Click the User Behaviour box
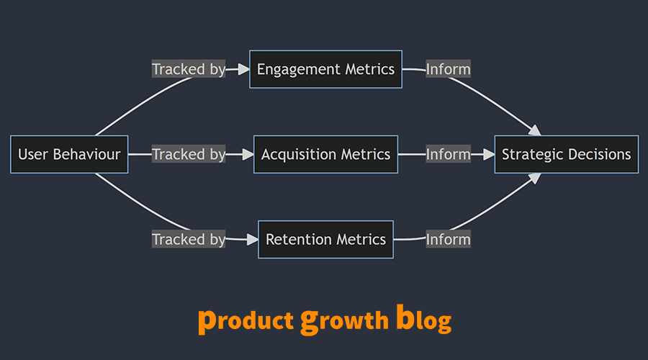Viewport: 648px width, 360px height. tap(69, 154)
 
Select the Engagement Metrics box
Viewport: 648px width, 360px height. tap(325, 69)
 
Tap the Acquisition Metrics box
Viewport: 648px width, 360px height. tap(325, 154)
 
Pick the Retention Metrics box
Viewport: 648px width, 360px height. tap(325, 239)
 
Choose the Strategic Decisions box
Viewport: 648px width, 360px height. tap(566, 154)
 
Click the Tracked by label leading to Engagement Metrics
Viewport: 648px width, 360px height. tap(189, 69)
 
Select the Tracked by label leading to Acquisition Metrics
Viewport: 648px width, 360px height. tap(189, 154)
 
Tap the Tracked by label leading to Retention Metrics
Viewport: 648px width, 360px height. tap(189, 239)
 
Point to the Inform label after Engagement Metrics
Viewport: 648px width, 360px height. tap(448, 69)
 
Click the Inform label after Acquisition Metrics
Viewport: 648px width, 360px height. tap(448, 154)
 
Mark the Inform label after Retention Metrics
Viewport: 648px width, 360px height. tap(448, 239)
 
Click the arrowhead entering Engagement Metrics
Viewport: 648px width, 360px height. tap(244, 69)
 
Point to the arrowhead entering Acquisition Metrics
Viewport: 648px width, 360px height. tap(248, 154)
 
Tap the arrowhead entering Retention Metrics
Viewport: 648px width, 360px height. tap(253, 239)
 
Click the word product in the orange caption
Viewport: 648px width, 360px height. tap(245, 320)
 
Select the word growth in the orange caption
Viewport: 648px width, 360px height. tap(344, 320)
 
